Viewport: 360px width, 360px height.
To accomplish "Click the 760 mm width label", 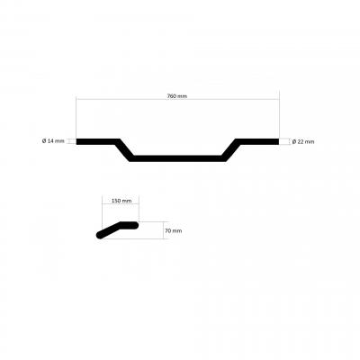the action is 177,96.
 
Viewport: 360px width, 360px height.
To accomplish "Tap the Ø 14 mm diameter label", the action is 53,140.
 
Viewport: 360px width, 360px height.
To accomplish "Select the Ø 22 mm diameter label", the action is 303,141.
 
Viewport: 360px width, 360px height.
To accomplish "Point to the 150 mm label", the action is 121,201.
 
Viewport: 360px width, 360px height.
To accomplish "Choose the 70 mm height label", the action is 174,230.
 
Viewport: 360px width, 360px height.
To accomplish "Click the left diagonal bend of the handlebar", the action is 124,150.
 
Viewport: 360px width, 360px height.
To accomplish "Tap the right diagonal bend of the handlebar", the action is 231,150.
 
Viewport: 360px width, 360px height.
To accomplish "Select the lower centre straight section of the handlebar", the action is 177,158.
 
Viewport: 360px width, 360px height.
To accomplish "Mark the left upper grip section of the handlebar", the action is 97,141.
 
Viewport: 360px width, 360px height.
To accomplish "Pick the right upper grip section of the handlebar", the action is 257,141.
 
